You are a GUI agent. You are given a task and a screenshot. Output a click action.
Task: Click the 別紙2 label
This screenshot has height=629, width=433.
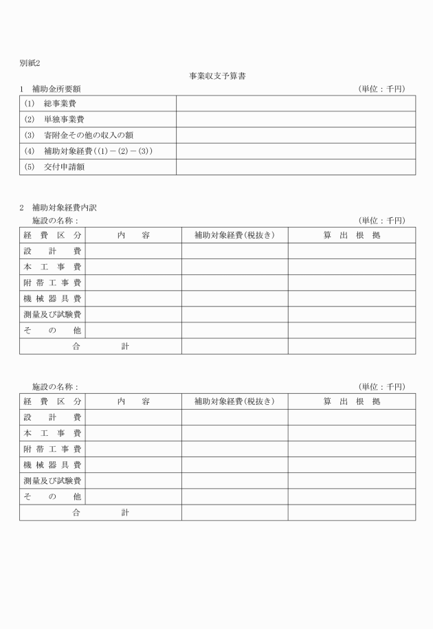point(30,63)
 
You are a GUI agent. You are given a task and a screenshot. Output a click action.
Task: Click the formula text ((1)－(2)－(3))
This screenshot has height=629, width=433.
point(128,151)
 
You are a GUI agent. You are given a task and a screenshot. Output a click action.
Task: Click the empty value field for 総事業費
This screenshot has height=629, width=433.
point(296,103)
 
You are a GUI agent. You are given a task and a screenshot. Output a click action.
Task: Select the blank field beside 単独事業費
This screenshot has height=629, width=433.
point(296,119)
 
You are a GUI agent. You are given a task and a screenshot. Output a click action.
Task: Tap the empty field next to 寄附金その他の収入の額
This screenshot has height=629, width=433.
point(296,135)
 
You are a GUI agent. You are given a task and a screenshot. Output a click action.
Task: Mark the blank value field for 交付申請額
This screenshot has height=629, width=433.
point(296,167)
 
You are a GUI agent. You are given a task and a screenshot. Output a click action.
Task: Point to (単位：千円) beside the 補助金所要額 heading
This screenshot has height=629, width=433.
point(382,89)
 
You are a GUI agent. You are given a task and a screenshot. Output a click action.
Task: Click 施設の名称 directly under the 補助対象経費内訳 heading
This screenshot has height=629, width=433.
point(55,221)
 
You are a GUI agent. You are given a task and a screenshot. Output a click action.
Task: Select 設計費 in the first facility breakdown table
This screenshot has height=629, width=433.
point(52,251)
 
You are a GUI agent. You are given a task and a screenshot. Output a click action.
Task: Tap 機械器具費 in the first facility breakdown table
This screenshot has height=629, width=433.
point(52,298)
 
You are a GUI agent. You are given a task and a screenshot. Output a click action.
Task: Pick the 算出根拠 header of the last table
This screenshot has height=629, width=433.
point(351,401)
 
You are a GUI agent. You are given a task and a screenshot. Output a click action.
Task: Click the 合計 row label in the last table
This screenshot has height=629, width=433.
point(100,512)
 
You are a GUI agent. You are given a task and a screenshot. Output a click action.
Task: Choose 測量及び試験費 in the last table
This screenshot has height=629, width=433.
point(52,481)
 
